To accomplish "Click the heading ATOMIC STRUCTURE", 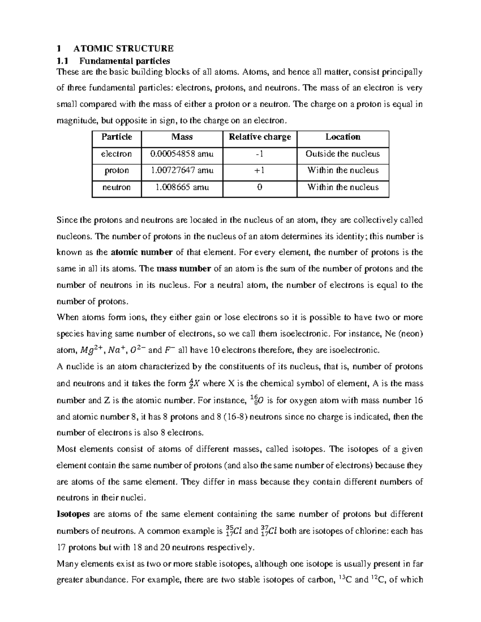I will pos(123,48).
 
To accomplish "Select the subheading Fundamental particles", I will pos(125,61).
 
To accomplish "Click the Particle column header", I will pos(117,137).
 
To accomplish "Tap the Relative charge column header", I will pos(260,137).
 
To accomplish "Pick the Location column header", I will pos(343,137).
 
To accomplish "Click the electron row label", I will pos(117,154).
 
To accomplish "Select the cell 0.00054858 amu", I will pos(182,154).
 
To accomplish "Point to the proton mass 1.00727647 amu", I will pos(182,170).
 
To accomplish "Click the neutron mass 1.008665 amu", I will pos(182,187).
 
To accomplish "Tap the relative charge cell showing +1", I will pos(260,170).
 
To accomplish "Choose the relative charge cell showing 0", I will pos(260,187).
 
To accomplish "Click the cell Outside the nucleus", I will pos(343,154).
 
